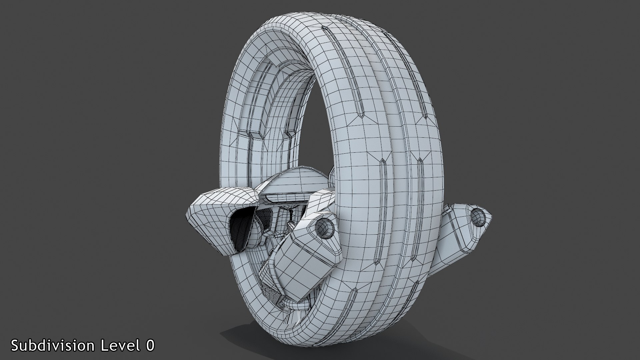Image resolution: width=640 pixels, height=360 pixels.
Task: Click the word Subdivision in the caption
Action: click(53, 345)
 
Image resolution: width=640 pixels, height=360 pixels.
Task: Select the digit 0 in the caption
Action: click(150, 345)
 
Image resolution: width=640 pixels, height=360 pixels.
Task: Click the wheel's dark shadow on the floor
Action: click(267, 337)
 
